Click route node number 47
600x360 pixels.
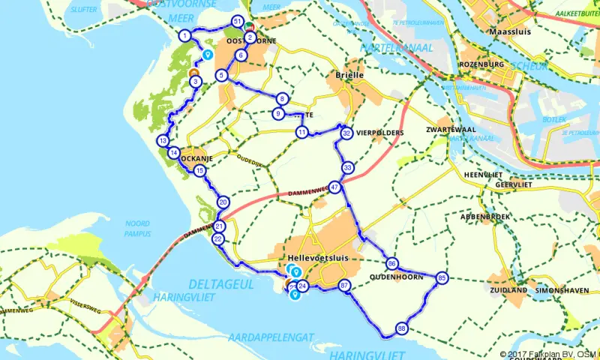[x=334, y=187]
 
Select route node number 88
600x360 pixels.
[x=402, y=328]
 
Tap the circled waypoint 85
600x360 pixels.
[x=442, y=277]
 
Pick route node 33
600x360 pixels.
[x=347, y=167]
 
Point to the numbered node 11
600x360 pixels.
[x=301, y=132]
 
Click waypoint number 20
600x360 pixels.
[x=223, y=202]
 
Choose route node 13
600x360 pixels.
[x=163, y=141]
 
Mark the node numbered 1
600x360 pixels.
[x=184, y=35]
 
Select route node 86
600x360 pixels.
[x=392, y=263]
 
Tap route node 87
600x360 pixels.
[x=344, y=285]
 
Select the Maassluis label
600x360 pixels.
[x=509, y=34]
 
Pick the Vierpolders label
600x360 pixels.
[x=381, y=133]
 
